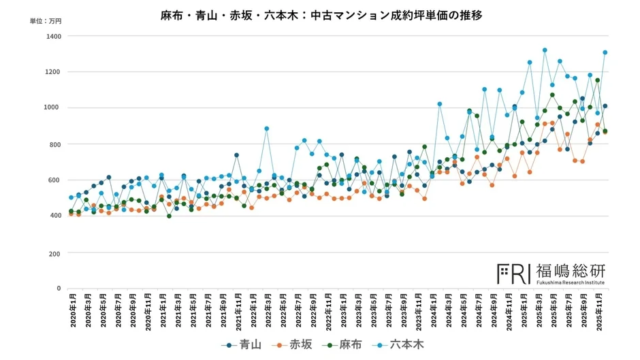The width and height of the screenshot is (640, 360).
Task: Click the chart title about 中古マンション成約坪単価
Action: pyautogui.click(x=320, y=17)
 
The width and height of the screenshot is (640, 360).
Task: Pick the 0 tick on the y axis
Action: pyautogui.click(x=59, y=288)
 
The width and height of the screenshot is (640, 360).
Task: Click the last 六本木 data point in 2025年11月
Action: pyautogui.click(x=605, y=52)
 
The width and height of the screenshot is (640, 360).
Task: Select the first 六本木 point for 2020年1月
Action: pyautogui.click(x=71, y=197)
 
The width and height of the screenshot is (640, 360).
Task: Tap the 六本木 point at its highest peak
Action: pyautogui.click(x=545, y=50)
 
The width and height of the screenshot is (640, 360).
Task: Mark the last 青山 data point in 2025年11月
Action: pyautogui.click(x=605, y=106)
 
